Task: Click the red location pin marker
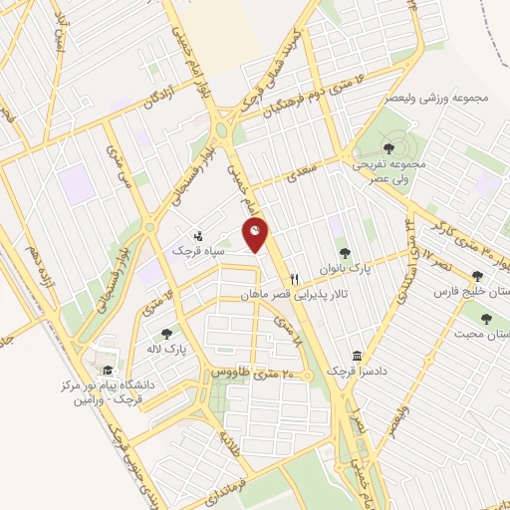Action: coord(256,234)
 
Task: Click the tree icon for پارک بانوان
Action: coord(345,253)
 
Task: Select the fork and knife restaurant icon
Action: coord(294,280)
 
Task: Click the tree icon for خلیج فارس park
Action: coord(477,277)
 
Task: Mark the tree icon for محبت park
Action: coord(486,320)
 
